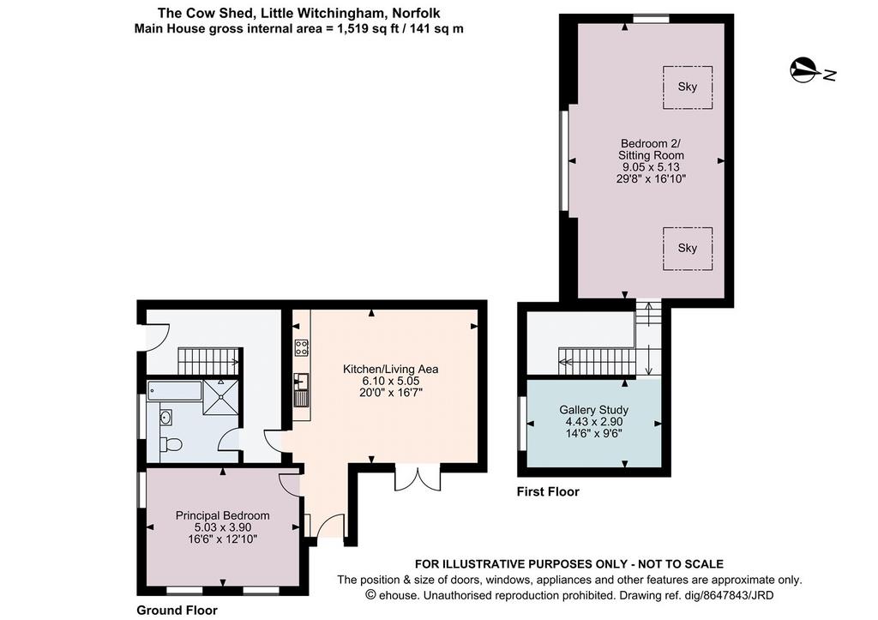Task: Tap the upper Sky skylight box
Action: pos(688,87)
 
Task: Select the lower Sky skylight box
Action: pos(688,248)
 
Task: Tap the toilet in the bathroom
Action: pos(171,445)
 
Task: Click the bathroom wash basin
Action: pos(165,417)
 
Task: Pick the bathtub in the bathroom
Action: pos(175,390)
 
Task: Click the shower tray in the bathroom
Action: pos(220,397)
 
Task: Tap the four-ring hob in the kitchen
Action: pos(301,348)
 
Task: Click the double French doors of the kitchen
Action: pos(418,477)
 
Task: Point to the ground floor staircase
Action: pos(209,361)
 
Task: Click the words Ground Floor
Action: pos(177,610)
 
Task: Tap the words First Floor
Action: pos(548,491)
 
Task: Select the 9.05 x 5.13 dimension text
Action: pos(652,167)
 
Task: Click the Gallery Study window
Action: pos(522,423)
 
